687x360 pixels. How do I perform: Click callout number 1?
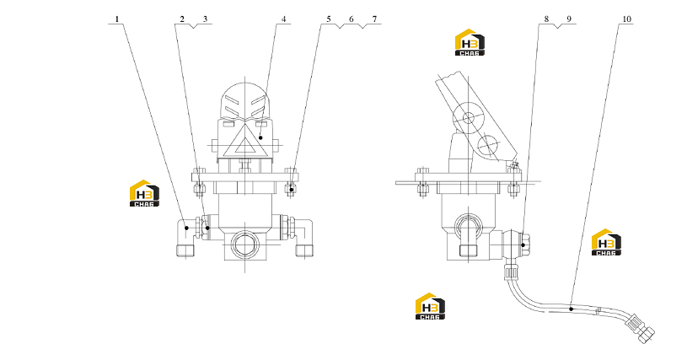coord(117,19)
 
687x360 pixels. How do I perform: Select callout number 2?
coord(182,19)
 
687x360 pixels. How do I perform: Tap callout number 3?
coord(205,19)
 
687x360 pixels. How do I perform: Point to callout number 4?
coord(283,19)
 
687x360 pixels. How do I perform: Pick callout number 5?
coord(329,19)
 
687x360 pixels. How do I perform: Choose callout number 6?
coord(352,19)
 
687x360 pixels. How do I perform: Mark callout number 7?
coord(374,19)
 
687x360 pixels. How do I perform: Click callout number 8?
coord(546,19)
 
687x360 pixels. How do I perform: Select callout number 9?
coord(569,19)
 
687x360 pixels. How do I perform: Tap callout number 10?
coord(626,19)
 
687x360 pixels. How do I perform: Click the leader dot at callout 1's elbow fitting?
coord(186,228)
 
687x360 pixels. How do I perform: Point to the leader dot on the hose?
coord(572,309)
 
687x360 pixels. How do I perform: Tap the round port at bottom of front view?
coord(244,244)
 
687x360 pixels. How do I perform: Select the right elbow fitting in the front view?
coord(303,238)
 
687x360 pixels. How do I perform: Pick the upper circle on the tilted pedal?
coord(469,117)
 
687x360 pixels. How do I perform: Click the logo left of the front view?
coord(144,193)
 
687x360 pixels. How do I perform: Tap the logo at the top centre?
coord(470,42)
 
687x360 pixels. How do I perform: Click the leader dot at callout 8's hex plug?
coord(523,245)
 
